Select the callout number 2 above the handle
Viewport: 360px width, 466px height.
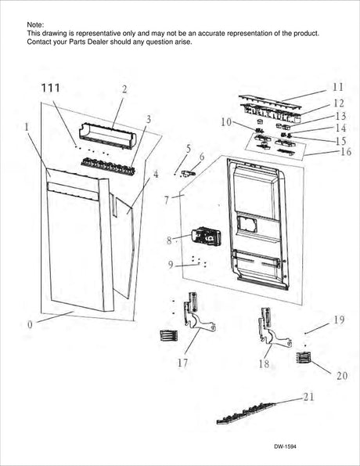pos(124,89)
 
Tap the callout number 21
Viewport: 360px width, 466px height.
pos(308,398)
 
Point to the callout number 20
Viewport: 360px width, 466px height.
pos(341,375)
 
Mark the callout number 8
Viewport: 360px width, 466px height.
pos(169,242)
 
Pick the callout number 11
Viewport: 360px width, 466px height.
pos(337,86)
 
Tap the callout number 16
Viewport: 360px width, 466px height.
pos(345,151)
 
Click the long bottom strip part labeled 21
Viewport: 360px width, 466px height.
pos(247,411)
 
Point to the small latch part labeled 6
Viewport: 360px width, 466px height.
pos(186,172)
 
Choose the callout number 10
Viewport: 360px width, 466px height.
pos(226,122)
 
